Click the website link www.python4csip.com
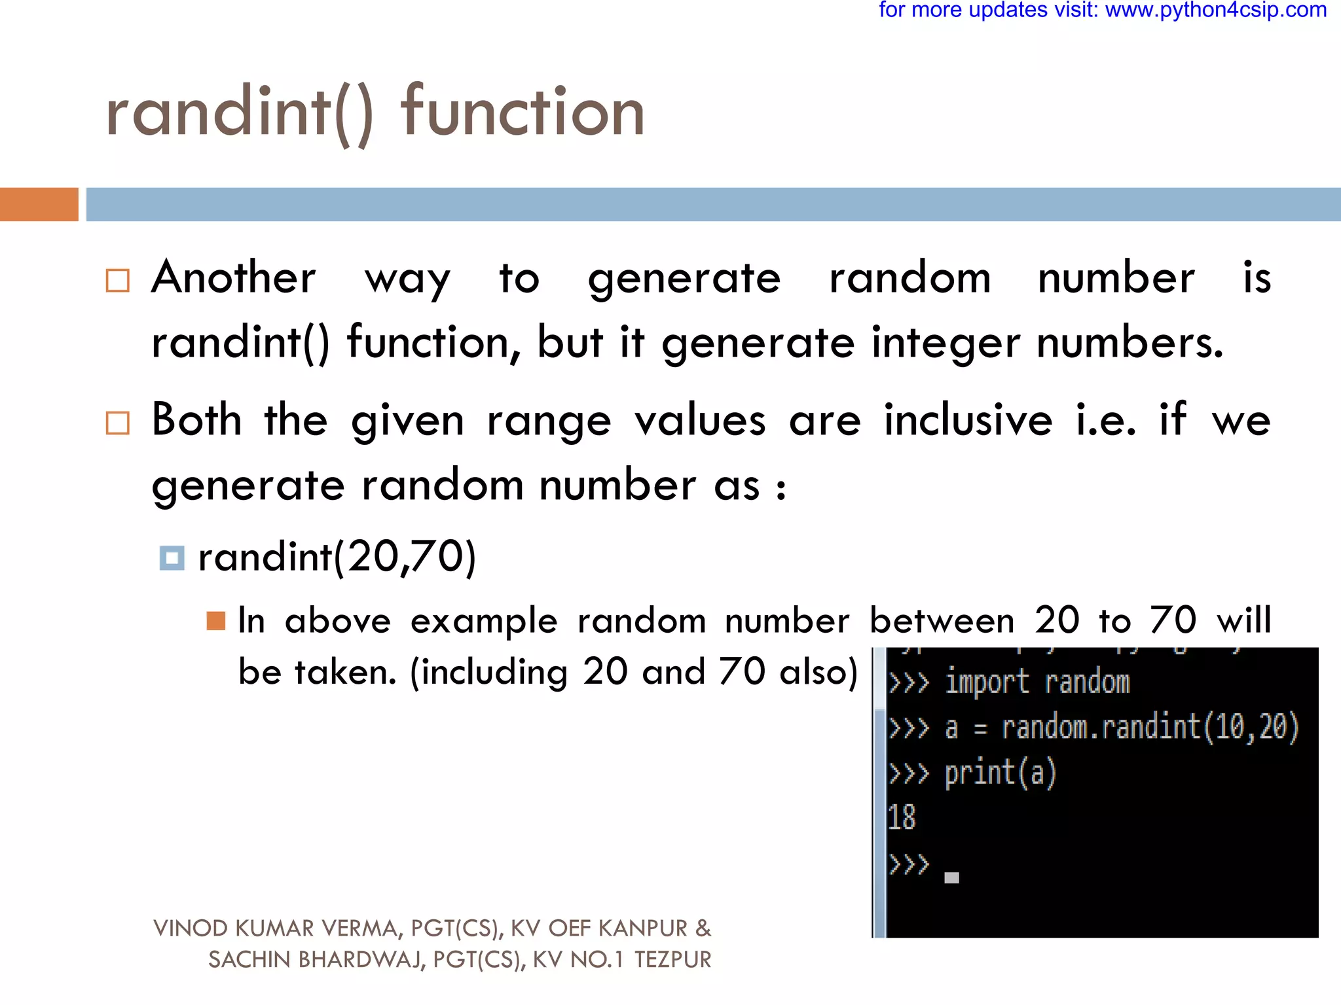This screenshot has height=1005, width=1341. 1216,11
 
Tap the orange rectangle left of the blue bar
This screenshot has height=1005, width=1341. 39,204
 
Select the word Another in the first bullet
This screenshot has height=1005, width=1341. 234,277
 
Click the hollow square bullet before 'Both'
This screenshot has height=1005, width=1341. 118,423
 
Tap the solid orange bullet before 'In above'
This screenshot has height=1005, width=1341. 215,620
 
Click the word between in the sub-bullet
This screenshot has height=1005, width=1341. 942,620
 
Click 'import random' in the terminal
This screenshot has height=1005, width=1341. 1037,682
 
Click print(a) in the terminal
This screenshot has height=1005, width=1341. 1000,773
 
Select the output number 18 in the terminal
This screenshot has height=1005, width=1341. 902,818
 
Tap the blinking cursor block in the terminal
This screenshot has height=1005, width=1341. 951,878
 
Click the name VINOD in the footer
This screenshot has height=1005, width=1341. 191,928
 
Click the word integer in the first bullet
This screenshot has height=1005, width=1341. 946,343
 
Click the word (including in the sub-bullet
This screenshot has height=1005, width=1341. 489,672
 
